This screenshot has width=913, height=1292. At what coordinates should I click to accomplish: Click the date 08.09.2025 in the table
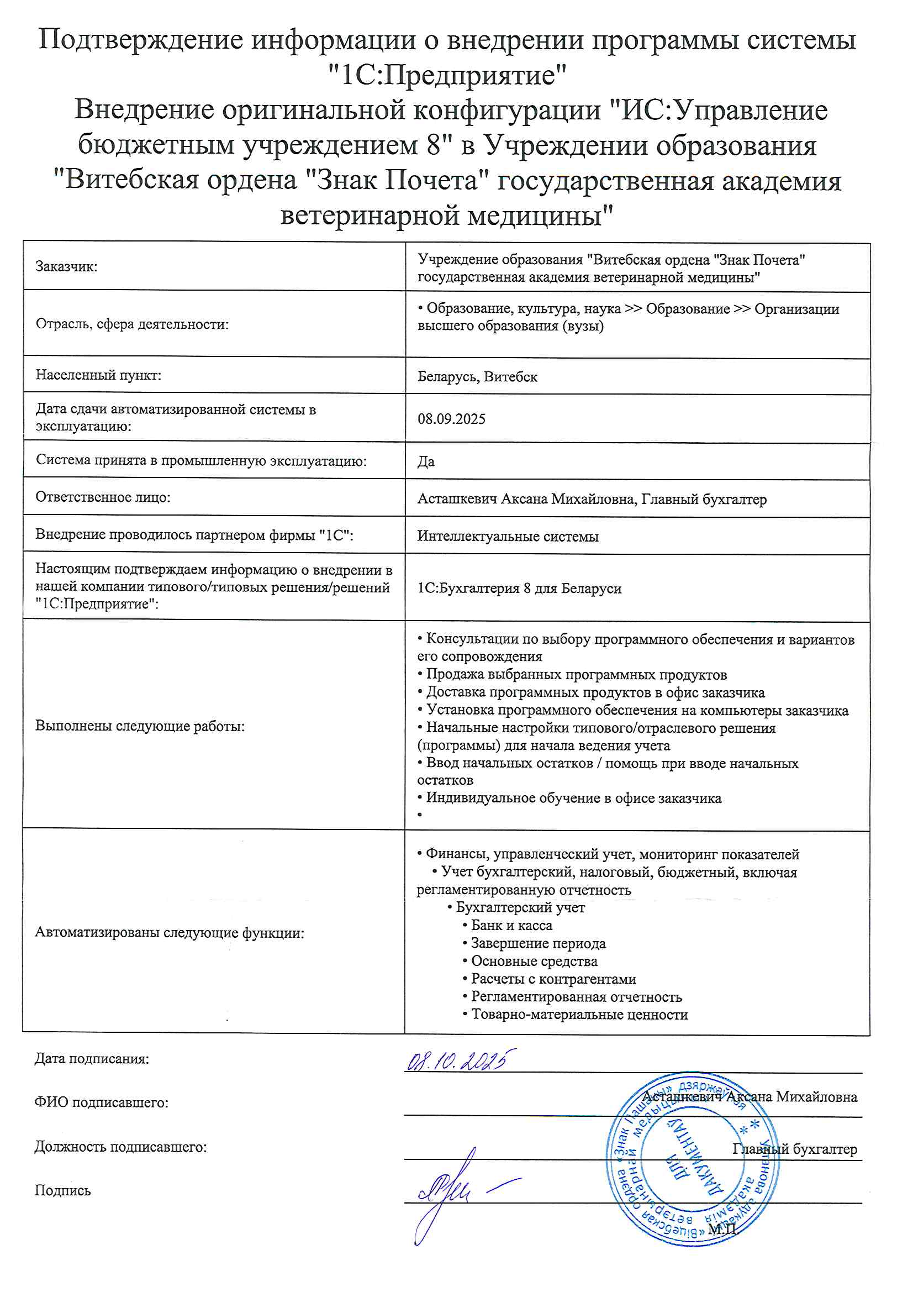click(x=451, y=419)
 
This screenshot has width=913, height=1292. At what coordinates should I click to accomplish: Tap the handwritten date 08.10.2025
click(x=460, y=1061)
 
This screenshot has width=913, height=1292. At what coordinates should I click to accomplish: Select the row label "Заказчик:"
click(x=66, y=267)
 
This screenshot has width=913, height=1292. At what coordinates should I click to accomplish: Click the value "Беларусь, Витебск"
click(x=477, y=376)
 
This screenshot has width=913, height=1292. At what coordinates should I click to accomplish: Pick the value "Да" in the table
click(x=426, y=461)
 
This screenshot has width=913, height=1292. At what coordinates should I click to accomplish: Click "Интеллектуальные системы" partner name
click(x=508, y=536)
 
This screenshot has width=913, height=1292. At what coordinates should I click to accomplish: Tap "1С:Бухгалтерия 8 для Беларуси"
click(x=519, y=588)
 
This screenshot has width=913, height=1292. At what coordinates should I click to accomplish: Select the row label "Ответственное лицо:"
click(x=103, y=497)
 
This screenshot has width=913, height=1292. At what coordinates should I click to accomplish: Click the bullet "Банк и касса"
click(x=511, y=926)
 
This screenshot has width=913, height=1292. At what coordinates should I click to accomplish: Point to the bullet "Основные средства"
click(x=534, y=961)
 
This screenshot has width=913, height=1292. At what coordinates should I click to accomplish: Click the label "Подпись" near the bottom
click(x=62, y=1190)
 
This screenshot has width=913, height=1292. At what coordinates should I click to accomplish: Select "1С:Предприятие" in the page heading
click(x=447, y=75)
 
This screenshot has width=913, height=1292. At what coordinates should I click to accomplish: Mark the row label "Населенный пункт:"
click(x=98, y=375)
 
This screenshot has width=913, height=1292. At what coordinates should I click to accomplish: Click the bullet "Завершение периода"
click(x=538, y=943)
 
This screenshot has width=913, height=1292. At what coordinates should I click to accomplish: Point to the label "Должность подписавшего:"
click(x=120, y=1146)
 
